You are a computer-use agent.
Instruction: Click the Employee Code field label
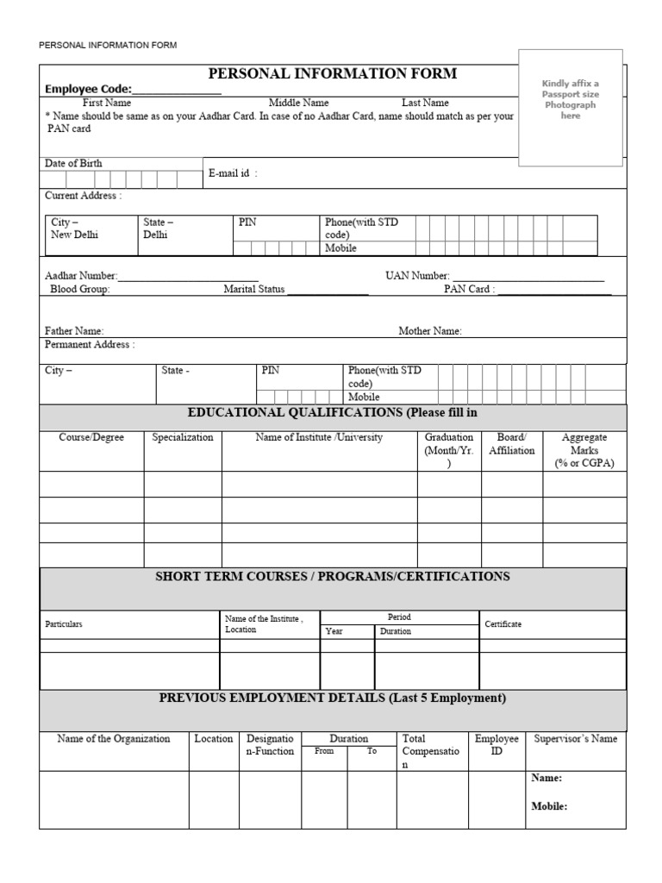87,89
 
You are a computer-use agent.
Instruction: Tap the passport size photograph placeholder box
570,107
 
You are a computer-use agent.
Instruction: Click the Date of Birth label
73,163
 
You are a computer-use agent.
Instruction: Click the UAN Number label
417,276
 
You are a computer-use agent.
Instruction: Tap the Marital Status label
253,290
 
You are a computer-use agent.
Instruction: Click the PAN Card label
470,290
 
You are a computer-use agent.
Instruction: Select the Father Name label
74,330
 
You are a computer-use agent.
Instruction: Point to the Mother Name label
429,330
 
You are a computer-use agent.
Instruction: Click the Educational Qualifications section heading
332,413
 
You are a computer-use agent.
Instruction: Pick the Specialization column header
183,437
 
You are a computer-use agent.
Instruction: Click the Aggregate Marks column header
584,450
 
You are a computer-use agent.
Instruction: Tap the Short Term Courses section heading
332,576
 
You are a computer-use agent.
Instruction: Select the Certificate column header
503,623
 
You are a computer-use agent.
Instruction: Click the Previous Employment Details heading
332,698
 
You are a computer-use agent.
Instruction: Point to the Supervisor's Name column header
575,739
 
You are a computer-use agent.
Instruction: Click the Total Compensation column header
430,751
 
